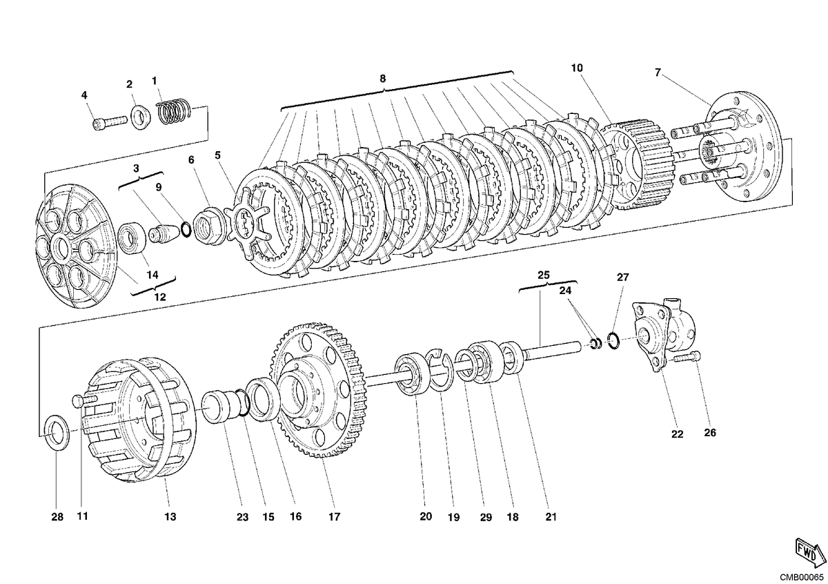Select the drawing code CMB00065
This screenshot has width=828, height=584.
(x=801, y=578)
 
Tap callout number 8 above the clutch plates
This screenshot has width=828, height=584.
(x=382, y=79)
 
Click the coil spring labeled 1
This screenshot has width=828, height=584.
(x=173, y=111)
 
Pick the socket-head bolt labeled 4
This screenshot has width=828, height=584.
(x=109, y=123)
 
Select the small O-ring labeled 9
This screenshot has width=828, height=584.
(x=186, y=229)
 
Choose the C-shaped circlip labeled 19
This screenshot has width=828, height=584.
(x=440, y=371)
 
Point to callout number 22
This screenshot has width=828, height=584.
(x=677, y=434)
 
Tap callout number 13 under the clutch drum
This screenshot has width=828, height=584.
(x=170, y=516)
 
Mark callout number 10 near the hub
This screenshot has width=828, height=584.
(x=577, y=68)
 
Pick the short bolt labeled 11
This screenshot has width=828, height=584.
(x=84, y=400)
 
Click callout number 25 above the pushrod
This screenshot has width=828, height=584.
(x=544, y=275)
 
